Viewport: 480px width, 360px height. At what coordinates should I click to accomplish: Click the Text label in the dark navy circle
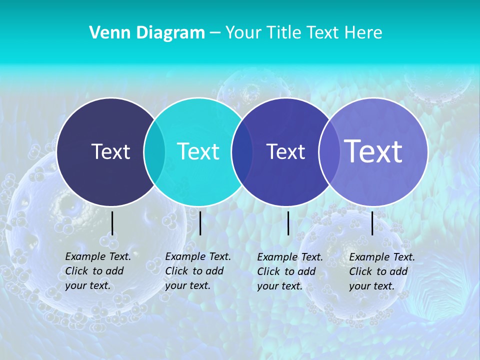[x=110, y=151]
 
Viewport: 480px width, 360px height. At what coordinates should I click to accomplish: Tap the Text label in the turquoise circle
[x=198, y=151]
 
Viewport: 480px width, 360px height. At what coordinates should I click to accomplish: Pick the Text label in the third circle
[x=285, y=151]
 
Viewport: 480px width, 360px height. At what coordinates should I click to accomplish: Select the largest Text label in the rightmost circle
[x=373, y=151]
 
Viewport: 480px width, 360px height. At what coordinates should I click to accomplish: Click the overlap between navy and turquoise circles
[x=154, y=151]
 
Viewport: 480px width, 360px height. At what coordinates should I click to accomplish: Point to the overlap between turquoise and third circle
[x=242, y=151]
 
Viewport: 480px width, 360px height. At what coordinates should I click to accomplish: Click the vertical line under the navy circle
[x=112, y=223]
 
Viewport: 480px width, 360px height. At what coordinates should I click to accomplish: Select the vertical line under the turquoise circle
[x=200, y=223]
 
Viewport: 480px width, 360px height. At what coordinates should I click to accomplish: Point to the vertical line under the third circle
[x=288, y=223]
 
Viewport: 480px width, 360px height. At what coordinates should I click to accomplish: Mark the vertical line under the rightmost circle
[x=372, y=223]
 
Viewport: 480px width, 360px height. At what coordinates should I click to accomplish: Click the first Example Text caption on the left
[x=98, y=271]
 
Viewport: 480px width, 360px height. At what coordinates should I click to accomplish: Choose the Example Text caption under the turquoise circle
[x=198, y=271]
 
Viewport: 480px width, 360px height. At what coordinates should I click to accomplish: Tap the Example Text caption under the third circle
[x=290, y=271]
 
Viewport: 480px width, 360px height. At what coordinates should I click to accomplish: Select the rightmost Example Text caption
[x=382, y=271]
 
